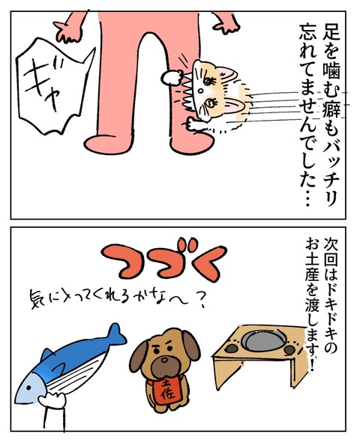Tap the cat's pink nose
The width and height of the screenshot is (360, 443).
tap(200, 91)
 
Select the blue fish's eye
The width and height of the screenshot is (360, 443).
tap(28, 388)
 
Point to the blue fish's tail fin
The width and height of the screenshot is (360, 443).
tap(115, 335)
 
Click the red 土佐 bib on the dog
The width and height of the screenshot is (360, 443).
tap(166, 391)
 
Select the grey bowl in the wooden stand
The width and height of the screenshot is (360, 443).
tap(262, 339)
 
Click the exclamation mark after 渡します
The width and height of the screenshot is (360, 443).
tap(312, 365)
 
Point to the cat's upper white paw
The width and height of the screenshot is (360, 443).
tap(171, 77)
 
